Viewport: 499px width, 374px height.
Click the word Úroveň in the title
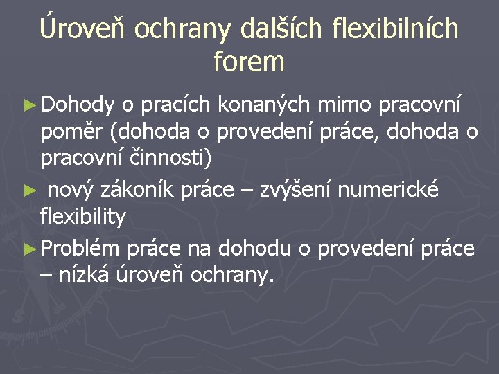coord(83,28)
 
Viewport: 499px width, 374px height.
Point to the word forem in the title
coord(249,62)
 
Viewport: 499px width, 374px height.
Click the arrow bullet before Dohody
coord(29,105)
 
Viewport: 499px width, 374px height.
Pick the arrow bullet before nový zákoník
coord(29,190)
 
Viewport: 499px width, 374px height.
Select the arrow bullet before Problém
coord(29,248)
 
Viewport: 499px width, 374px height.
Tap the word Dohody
coord(78,105)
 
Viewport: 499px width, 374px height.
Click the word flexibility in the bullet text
coord(83,217)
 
